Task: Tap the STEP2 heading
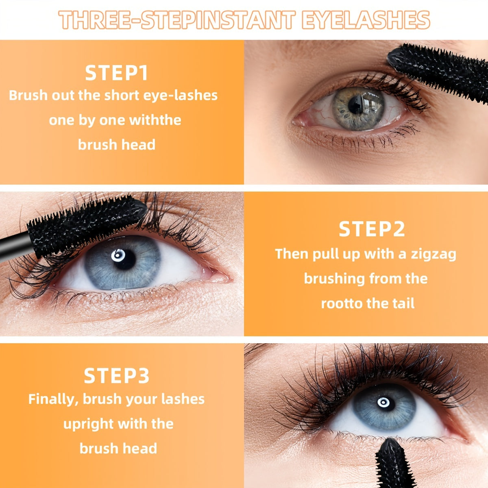coord(372,229)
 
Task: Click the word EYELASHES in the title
coord(366,20)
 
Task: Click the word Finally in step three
coord(53,399)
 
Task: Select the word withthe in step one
coord(155,120)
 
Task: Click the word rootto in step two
coord(341,303)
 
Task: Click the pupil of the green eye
coord(355,106)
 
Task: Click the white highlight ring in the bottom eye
coord(383,402)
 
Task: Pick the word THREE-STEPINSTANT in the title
coord(177,20)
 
